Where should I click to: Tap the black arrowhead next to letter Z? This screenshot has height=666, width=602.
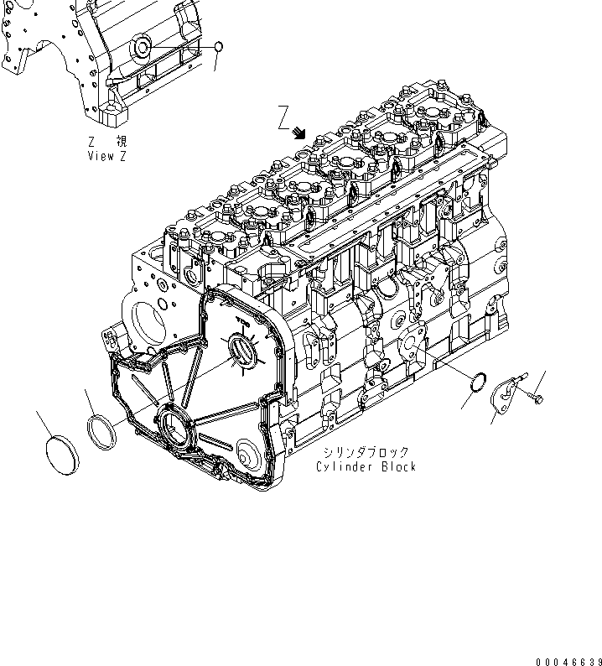(299, 133)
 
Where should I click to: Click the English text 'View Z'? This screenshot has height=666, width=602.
(106, 157)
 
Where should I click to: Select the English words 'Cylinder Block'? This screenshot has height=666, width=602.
(366, 466)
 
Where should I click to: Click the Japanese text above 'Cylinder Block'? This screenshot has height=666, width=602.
(366, 452)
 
